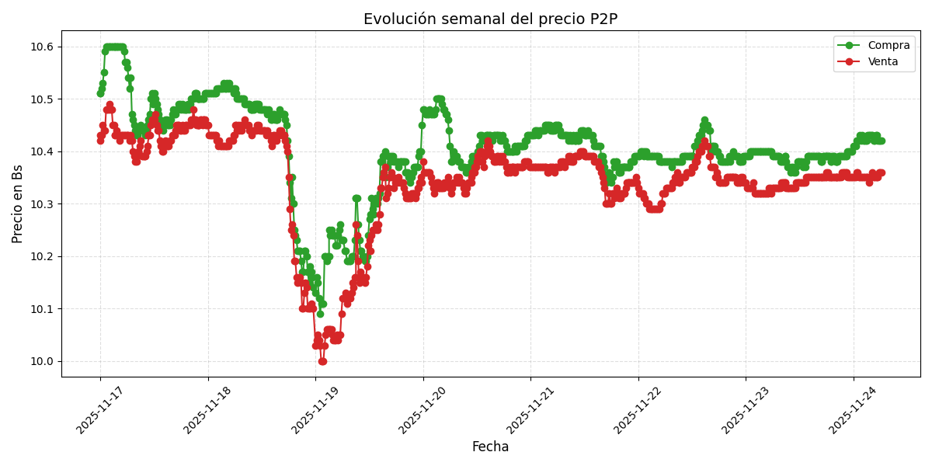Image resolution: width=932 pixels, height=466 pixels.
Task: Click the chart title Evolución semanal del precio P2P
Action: pos(490,19)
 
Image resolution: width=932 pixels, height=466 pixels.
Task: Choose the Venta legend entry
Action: pos(882,62)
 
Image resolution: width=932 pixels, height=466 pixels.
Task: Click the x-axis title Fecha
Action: pos(490,447)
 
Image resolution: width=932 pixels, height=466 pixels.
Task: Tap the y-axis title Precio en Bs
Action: pos(18,204)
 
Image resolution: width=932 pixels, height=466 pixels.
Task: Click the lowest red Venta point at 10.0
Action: pos(322,361)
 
